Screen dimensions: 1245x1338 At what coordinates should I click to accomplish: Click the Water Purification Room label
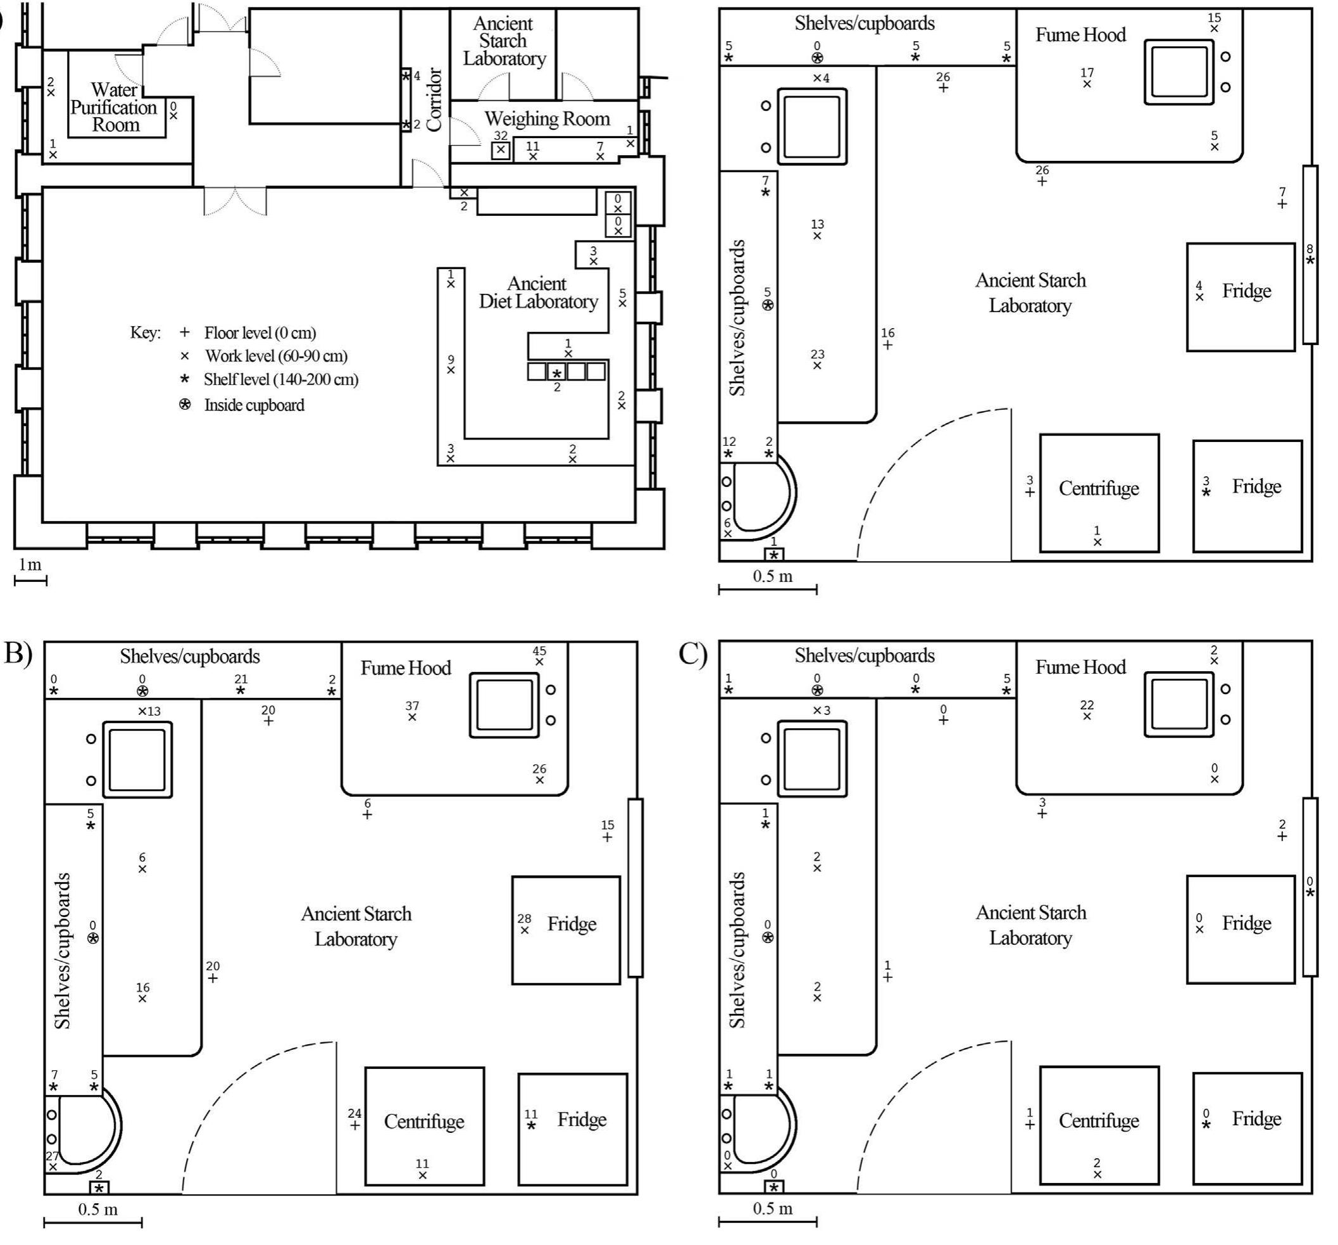pos(115,108)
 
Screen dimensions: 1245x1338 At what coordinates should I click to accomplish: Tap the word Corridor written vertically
pos(434,99)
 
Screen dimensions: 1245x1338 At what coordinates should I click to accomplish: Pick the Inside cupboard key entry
pos(254,405)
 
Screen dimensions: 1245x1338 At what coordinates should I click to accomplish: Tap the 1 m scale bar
pos(30,579)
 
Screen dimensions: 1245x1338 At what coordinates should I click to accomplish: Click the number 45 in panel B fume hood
pos(539,651)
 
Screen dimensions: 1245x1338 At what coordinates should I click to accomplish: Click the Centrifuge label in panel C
pos(1098,1120)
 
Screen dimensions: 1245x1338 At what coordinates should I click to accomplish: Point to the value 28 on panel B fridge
pos(523,918)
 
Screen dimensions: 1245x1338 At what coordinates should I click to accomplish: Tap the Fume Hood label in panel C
pos(1080,667)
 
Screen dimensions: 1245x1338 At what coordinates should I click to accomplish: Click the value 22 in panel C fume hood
pos(1086,705)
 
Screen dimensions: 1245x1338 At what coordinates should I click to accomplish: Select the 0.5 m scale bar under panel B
pos(93,1222)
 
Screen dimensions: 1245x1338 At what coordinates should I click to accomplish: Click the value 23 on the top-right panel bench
pos(817,354)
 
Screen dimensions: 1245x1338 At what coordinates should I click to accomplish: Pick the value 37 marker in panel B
pos(412,706)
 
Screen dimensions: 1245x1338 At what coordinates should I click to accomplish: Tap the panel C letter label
pos(692,653)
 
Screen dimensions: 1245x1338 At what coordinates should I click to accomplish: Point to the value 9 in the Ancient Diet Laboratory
pos(451,360)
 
